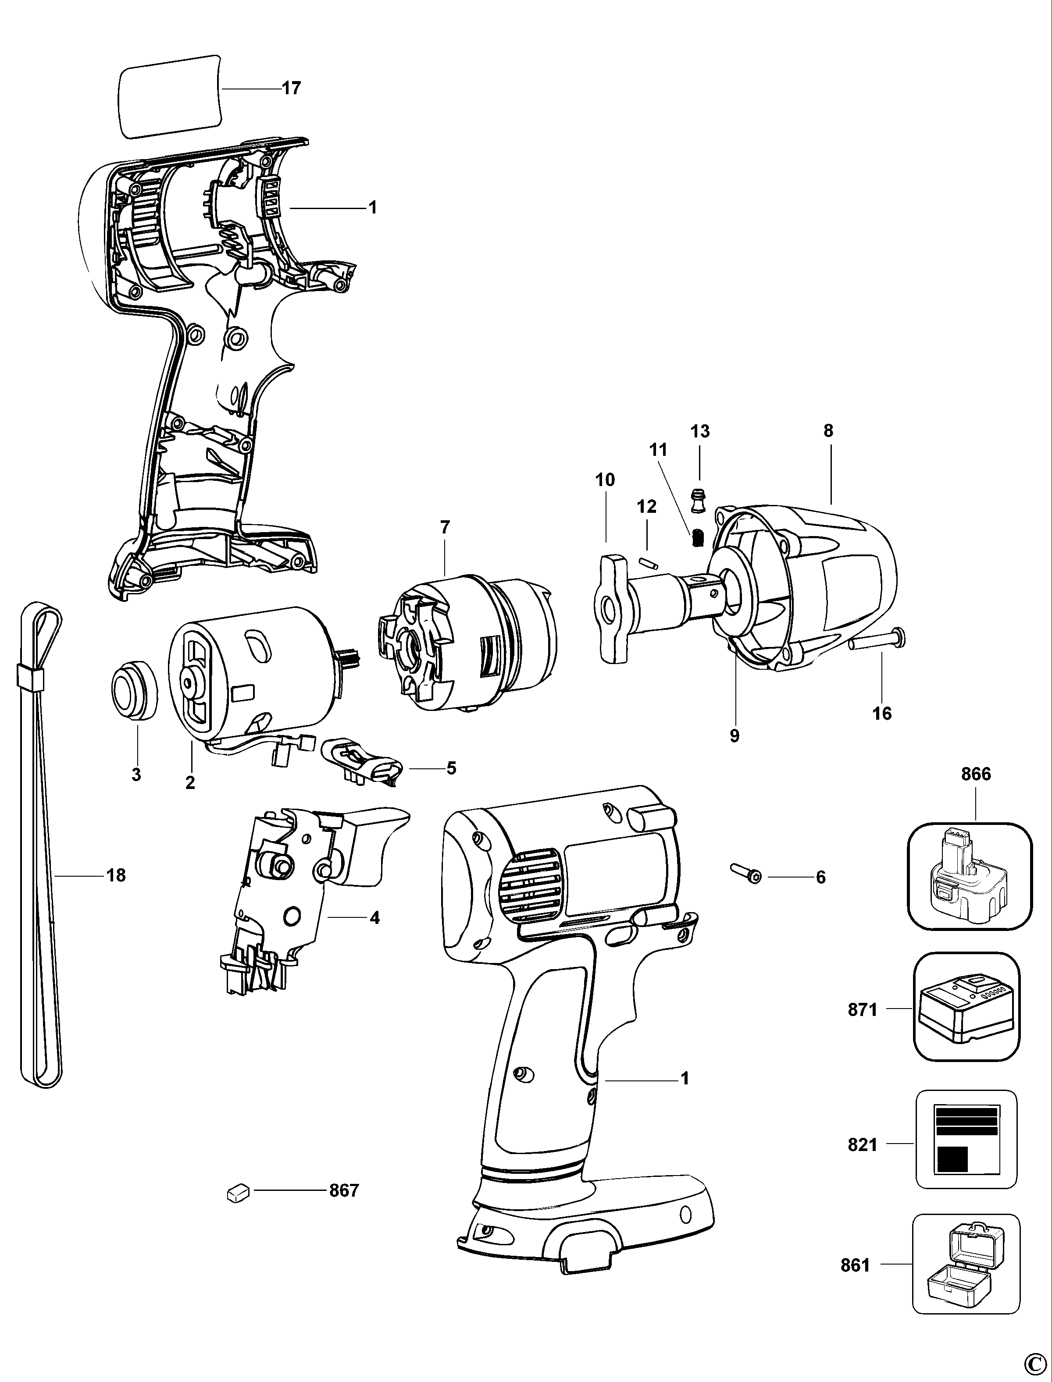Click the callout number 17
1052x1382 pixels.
pyautogui.click(x=291, y=88)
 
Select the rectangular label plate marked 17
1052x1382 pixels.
pyautogui.click(x=170, y=96)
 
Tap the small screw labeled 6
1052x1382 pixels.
pyautogui.click(x=745, y=874)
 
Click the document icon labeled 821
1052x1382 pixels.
pyautogui.click(x=966, y=1139)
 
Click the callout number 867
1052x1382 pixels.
pyautogui.click(x=344, y=1190)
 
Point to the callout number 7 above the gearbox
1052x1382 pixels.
pyautogui.click(x=445, y=527)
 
